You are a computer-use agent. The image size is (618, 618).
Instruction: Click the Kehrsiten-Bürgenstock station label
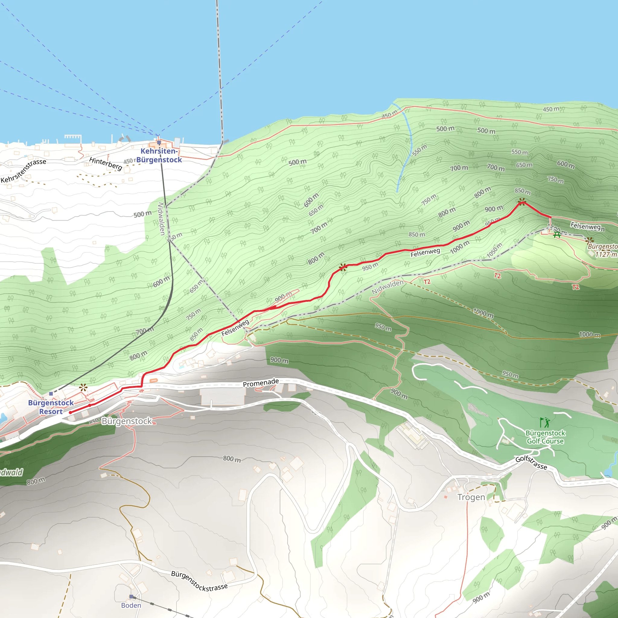click(x=159, y=155)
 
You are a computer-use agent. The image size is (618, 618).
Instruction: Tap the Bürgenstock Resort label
click(x=51, y=407)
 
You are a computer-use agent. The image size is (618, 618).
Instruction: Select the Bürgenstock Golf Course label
click(x=545, y=437)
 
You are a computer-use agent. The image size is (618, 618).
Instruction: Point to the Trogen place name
click(x=471, y=497)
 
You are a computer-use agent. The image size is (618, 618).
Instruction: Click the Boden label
click(x=131, y=605)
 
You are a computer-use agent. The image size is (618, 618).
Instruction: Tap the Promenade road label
click(x=261, y=383)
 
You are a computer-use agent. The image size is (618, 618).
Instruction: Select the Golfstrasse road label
click(x=531, y=463)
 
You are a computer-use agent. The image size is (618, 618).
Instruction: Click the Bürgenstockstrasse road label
click(x=199, y=581)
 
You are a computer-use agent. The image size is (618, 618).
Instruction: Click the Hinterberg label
click(x=106, y=164)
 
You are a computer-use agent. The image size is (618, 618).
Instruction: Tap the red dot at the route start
click(x=70, y=413)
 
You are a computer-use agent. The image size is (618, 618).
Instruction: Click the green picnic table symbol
click(x=557, y=235)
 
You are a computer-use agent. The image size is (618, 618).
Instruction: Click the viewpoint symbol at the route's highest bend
click(x=522, y=202)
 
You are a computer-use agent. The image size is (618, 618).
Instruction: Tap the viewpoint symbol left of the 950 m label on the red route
click(x=343, y=267)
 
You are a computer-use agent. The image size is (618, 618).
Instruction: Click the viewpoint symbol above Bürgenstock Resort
click(x=84, y=388)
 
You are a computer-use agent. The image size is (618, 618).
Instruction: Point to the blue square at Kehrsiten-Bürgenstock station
click(x=159, y=143)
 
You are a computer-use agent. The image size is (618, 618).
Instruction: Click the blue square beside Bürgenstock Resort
click(x=51, y=394)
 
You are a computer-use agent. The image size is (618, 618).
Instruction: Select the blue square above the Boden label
click(x=131, y=596)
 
